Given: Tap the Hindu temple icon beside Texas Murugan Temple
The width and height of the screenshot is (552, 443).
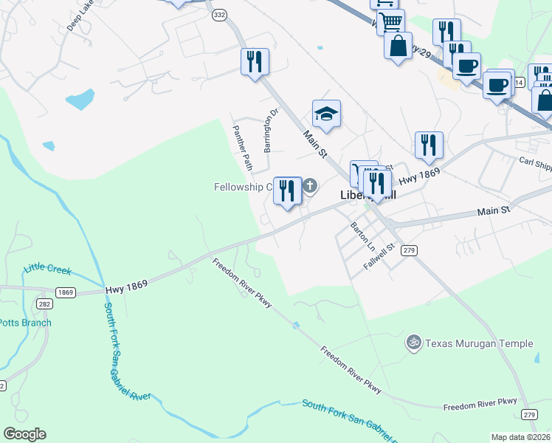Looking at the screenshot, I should [413, 343].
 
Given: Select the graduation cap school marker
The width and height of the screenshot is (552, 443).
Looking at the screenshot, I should [326, 114].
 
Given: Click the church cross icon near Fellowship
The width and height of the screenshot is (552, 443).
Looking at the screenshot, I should [310, 186].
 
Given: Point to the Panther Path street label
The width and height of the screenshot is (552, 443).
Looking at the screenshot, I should [243, 146].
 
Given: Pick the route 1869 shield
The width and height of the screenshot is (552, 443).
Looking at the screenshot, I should [66, 292].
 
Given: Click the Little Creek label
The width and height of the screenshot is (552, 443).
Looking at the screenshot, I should [47, 269].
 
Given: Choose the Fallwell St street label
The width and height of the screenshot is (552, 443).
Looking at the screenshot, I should [380, 258].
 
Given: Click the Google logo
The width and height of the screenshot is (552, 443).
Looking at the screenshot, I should [24, 434].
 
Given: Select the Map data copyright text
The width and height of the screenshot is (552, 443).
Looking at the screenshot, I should [520, 437].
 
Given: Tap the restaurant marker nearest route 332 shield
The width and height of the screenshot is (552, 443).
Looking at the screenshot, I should [255, 61].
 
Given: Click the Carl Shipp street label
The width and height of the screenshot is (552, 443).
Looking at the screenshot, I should [534, 161].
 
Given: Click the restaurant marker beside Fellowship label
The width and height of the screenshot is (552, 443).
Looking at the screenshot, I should [287, 190].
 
